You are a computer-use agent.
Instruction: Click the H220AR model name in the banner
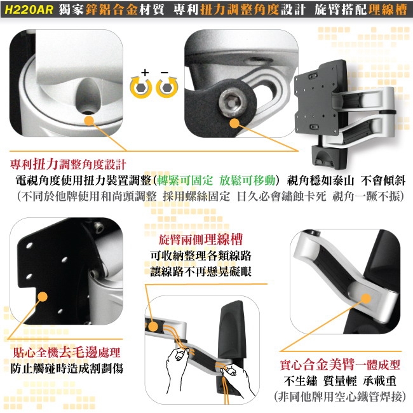tap(29, 10)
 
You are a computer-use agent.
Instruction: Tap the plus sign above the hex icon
tap(145, 72)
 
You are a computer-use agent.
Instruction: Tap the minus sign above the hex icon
tap(165, 72)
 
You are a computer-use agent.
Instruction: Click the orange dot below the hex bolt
tap(234, 123)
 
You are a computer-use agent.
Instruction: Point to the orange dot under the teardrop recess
tap(90, 121)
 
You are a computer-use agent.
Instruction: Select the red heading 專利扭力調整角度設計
tap(68, 165)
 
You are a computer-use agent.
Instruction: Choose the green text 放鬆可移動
tap(247, 180)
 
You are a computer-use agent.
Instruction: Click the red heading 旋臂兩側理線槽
tap(201, 240)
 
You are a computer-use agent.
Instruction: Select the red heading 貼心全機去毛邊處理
tap(67, 352)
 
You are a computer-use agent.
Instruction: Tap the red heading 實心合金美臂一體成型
tap(340, 365)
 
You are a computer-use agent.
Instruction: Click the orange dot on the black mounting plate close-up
tap(43, 297)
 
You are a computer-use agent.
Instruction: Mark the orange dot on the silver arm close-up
tap(366, 299)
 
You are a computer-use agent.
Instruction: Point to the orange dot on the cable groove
tap(152, 327)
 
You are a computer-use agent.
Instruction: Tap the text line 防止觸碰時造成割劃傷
tap(67, 369)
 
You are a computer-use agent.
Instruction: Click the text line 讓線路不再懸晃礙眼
tap(201, 271)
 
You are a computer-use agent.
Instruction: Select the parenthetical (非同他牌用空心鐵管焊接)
tap(340, 396)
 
